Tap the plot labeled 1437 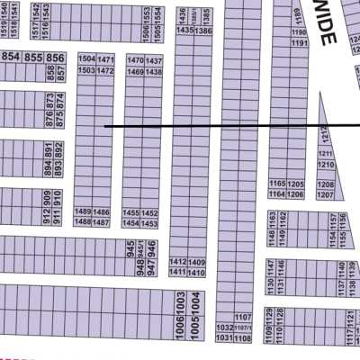pos(154,60)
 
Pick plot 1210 pos(326,166)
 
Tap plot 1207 pos(325,194)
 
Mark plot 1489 pos(84,211)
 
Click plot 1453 pos(150,222)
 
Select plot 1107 pos(241,318)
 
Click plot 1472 pos(105,70)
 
